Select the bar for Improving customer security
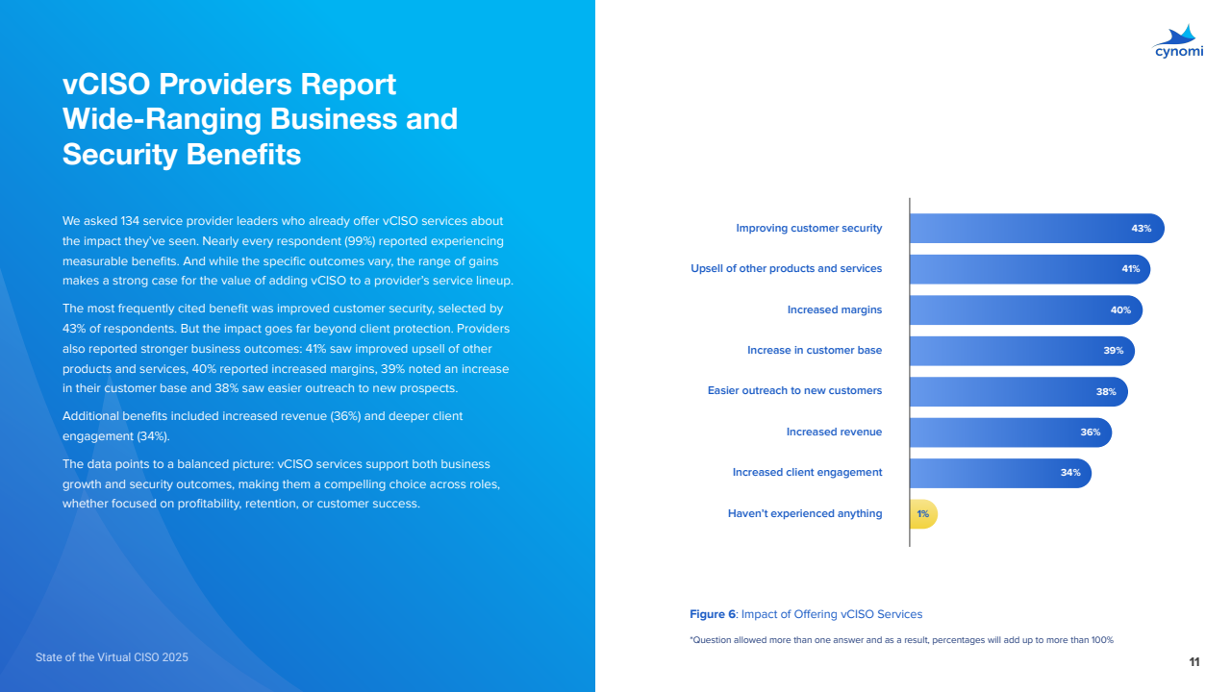(1029, 229)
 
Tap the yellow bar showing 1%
(922, 514)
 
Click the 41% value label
(1130, 269)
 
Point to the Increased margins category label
(834, 309)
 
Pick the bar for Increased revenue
(1000, 432)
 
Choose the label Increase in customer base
(814, 350)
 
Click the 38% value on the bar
(1105, 392)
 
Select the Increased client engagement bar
(991, 473)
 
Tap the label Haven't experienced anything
(804, 513)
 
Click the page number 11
(1193, 661)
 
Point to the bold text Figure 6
(713, 614)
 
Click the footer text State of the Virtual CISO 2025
(112, 657)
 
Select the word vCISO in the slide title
(106, 85)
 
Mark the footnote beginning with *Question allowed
(901, 640)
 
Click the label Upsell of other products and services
(786, 269)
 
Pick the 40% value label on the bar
(1120, 310)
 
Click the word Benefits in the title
(240, 154)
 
